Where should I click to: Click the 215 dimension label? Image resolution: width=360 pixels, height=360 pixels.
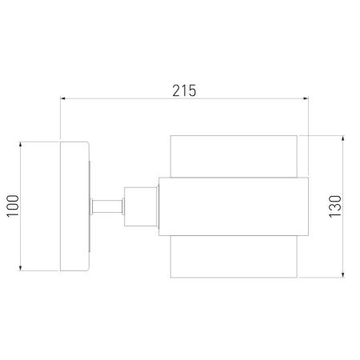point(184,90)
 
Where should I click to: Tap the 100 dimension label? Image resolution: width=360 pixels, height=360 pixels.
point(13,206)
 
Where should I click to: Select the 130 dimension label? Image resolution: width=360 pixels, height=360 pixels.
point(335,206)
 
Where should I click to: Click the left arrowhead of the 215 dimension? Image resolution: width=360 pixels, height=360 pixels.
point(63,98)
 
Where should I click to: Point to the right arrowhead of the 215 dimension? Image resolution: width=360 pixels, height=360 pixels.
point(306,98)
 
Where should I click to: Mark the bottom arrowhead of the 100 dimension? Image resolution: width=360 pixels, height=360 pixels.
point(20,268)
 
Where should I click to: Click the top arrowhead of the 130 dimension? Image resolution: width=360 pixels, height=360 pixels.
point(343,138)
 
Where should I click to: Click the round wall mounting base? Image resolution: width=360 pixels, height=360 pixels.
point(74,206)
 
